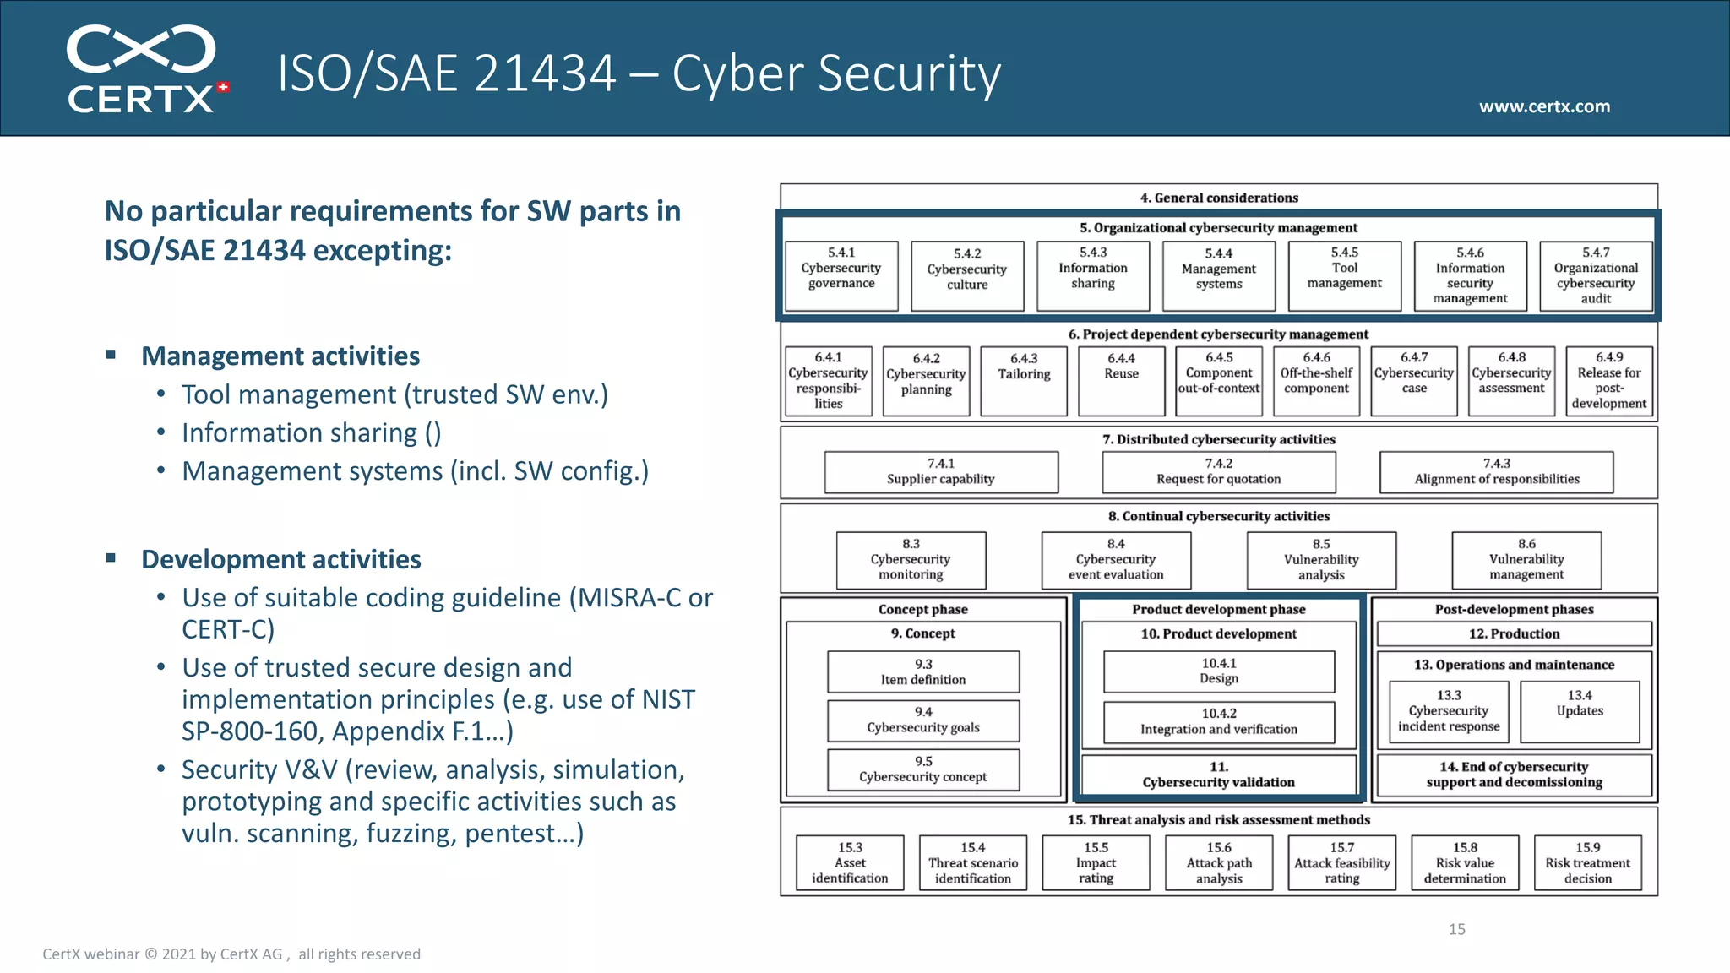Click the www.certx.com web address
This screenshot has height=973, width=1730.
(x=1544, y=106)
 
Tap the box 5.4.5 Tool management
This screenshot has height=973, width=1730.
(x=1344, y=275)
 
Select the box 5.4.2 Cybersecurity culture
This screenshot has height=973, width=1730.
(x=967, y=275)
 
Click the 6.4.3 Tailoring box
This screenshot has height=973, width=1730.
(x=1024, y=380)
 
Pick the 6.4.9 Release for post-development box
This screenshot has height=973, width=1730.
(x=1608, y=380)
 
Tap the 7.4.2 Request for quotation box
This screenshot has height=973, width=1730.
(x=1218, y=471)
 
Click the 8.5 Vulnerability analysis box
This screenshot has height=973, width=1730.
(x=1321, y=559)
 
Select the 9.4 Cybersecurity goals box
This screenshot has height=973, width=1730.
(x=923, y=720)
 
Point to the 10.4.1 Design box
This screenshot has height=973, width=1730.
(x=1219, y=671)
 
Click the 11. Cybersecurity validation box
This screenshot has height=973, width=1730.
(x=1218, y=775)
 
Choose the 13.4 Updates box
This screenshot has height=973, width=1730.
(x=1579, y=711)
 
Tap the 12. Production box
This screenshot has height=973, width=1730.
(x=1514, y=633)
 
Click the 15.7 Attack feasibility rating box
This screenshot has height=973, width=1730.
(x=1341, y=862)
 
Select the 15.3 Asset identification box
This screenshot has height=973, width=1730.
(x=850, y=862)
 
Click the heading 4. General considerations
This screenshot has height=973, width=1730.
(x=1218, y=198)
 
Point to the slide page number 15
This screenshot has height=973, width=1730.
(x=1456, y=929)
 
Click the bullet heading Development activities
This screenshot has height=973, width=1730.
(x=280, y=559)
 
